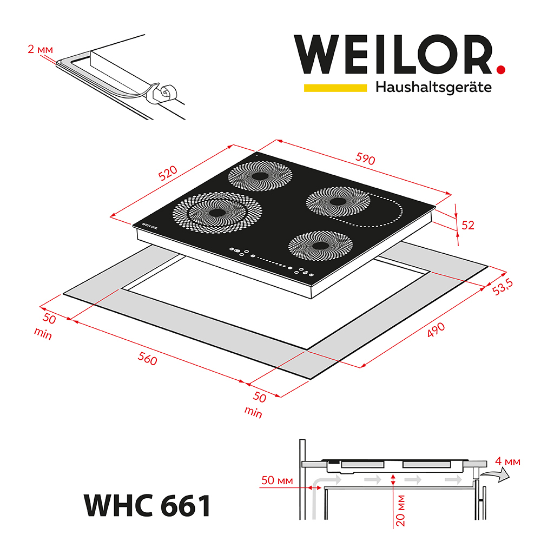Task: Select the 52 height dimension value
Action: click(468, 225)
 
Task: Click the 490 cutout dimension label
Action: click(436, 331)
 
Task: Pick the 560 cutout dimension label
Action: click(147, 358)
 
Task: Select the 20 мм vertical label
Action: click(401, 509)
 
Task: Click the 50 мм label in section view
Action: click(276, 480)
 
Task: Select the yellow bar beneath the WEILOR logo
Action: click(335, 87)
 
